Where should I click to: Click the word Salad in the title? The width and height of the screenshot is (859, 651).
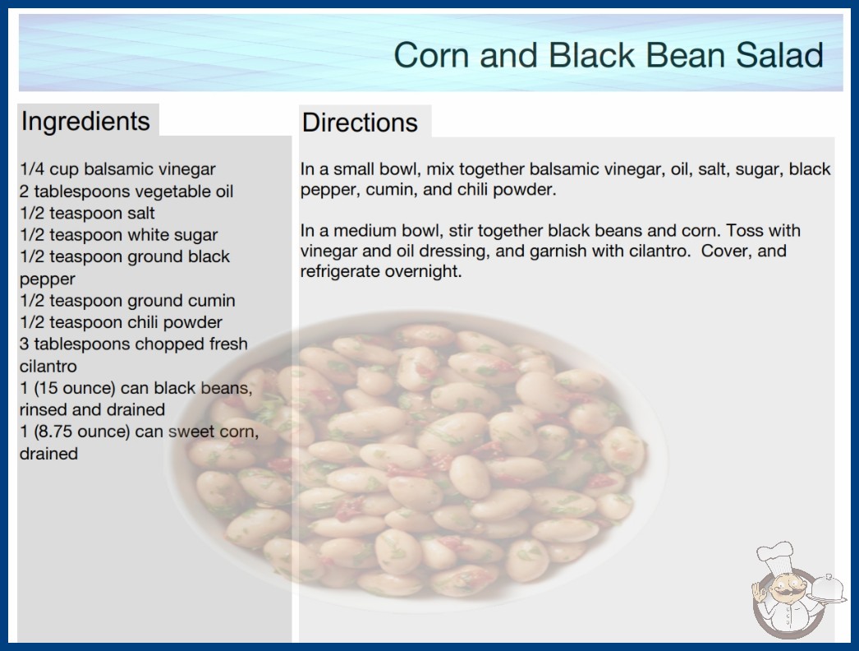click(779, 55)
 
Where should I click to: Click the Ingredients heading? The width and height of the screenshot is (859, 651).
click(85, 122)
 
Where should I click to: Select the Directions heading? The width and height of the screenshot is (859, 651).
click(360, 122)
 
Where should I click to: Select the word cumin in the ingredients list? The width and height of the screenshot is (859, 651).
click(211, 301)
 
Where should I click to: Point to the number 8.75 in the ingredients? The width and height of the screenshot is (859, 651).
click(53, 432)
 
